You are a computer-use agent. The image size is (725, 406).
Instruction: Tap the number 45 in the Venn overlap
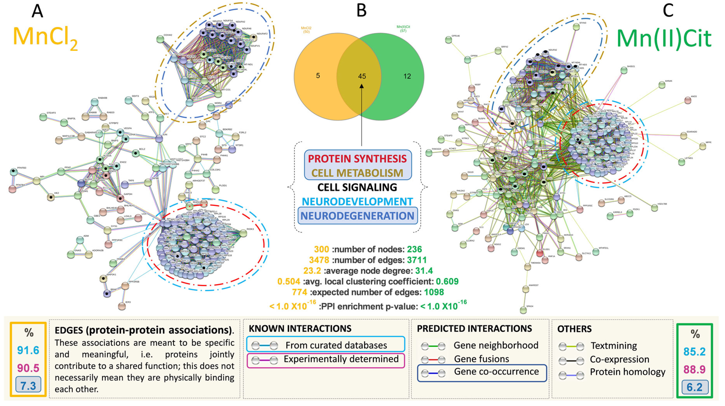coord(362,76)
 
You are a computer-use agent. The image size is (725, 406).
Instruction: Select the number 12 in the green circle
coord(407,76)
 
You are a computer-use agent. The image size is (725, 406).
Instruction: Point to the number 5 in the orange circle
coord(318,76)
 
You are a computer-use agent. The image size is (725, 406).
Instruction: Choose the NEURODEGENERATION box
coord(357,216)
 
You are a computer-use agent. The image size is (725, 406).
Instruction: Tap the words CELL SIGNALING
coord(357,187)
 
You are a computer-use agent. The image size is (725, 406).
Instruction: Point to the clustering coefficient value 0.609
coord(447,281)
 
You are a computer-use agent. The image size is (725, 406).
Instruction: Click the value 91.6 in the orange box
coord(28,350)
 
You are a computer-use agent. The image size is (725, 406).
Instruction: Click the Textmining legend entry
coord(613,346)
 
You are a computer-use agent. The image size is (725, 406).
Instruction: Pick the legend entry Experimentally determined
coord(341,359)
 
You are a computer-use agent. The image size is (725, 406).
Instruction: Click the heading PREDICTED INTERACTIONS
coord(474,328)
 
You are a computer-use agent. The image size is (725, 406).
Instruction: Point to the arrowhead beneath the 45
coord(362,86)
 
